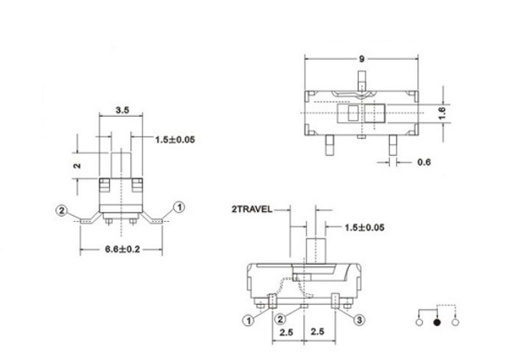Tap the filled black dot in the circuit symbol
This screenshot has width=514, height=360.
437,324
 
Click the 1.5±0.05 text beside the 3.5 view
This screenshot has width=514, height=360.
175,140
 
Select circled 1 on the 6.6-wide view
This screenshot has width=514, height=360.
179,206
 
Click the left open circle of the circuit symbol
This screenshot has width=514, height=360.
419,324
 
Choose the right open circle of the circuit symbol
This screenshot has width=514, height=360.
456,324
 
